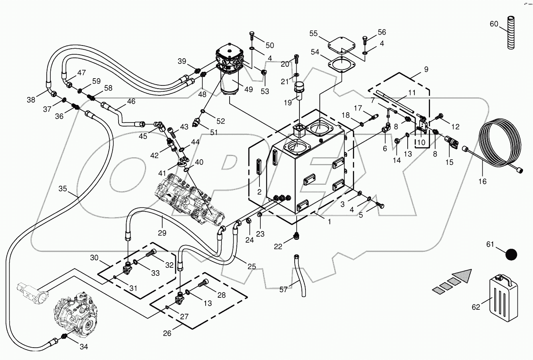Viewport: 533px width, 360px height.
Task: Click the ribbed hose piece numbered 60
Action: pos(511,33)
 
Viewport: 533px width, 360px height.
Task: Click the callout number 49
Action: pos(248,89)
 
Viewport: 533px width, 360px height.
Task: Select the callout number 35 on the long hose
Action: pos(63,188)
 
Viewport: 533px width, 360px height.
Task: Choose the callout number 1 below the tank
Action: pos(329,222)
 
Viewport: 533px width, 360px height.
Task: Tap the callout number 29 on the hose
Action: pos(162,232)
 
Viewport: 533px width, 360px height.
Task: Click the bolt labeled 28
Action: pos(202,284)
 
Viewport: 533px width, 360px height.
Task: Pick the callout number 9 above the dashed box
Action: pos(426,69)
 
